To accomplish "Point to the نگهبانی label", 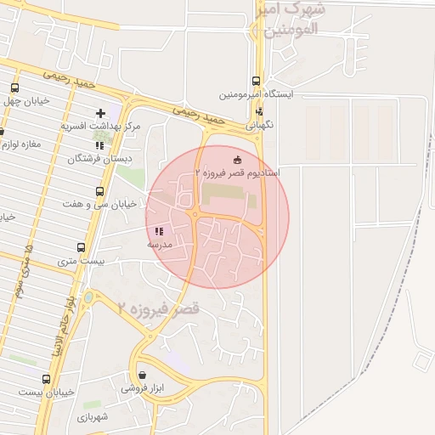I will pos(259,123).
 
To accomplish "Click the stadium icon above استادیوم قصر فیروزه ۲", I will pos(236,159).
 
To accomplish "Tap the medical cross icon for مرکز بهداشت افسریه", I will pos(101,112).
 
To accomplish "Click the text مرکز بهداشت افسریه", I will pos(100,126).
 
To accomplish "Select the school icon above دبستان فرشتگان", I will pos(100,145).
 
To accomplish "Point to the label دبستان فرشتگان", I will pos(96,159).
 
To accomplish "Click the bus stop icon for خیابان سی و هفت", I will pos(99,191).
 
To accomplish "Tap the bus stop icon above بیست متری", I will pos(81,247).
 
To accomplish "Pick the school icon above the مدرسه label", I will pos(158,231).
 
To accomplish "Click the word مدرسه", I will pos(160,244).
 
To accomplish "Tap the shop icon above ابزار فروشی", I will pos(141,375).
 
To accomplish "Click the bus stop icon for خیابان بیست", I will pos(46,379).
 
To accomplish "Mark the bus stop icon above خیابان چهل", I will pos(14,88).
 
